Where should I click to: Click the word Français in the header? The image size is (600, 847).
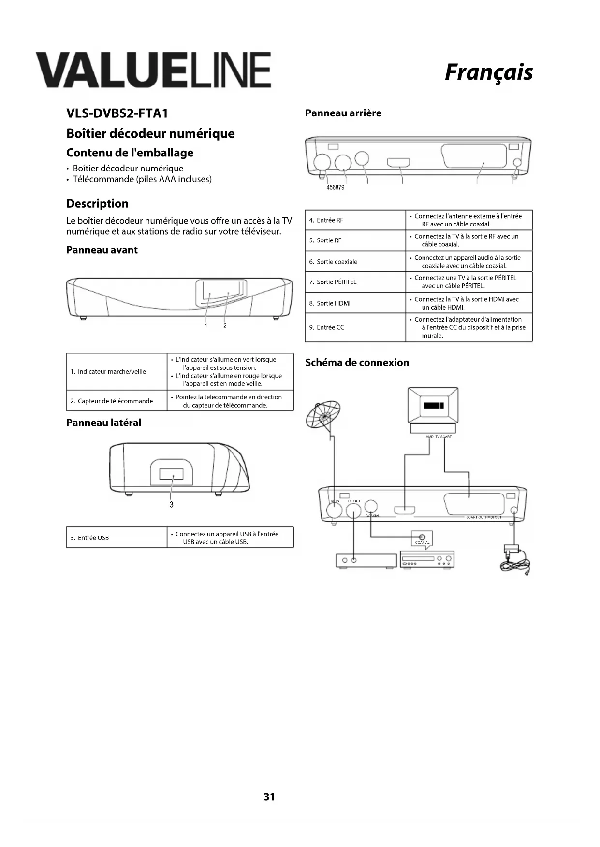[x=488, y=72]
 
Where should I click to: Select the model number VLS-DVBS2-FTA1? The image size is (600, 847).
[x=117, y=113]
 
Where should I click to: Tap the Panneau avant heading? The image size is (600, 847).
[x=102, y=250]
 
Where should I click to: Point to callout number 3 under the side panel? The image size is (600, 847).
[x=171, y=505]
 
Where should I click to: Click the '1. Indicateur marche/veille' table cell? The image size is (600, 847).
[x=117, y=372]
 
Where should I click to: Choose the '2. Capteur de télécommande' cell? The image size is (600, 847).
[x=117, y=401]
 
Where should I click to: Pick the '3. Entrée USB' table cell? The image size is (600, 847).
[x=117, y=538]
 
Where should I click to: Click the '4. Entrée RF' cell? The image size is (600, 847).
[x=355, y=220]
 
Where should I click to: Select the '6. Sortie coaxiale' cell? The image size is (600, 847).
[x=355, y=262]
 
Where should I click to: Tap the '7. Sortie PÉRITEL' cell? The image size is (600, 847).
[x=355, y=282]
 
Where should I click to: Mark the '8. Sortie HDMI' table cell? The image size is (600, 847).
[x=355, y=303]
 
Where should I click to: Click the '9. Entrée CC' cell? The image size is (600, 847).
[x=355, y=327]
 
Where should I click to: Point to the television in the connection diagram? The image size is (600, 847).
[x=433, y=408]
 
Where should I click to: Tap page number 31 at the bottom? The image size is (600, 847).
[x=269, y=797]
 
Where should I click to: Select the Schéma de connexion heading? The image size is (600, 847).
[x=357, y=363]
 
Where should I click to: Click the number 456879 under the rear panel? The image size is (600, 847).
[x=336, y=187]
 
